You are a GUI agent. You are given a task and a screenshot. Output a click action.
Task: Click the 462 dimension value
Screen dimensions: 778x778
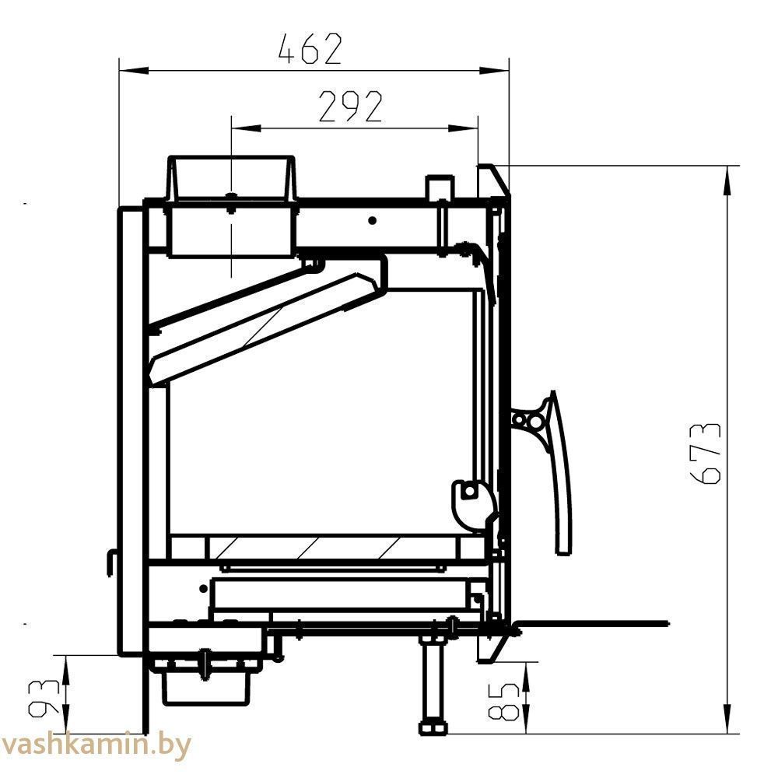[x=310, y=48]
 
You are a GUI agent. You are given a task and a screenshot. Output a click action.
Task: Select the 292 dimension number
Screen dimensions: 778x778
[x=350, y=106]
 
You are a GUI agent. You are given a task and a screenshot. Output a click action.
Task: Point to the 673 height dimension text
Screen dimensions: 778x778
[x=705, y=454]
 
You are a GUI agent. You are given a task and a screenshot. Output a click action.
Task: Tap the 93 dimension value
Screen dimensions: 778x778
[x=44, y=699]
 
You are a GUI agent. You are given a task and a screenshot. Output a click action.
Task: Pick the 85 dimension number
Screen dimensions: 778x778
[x=503, y=701]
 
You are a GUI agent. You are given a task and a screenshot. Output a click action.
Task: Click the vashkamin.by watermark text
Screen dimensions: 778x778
[x=96, y=745]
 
